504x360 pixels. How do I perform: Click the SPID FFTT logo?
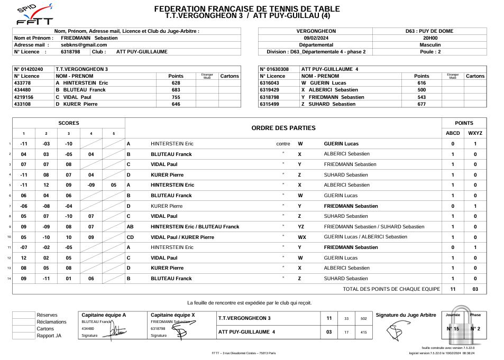click(35, 14)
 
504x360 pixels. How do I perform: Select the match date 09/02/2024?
click(316, 38)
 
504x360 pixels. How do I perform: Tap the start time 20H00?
click(430, 38)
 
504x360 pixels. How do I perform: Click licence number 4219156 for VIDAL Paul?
click(24, 97)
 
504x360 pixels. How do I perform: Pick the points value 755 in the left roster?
click(176, 97)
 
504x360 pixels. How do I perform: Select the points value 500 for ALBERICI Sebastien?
click(421, 90)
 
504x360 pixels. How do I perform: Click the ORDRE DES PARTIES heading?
click(283, 128)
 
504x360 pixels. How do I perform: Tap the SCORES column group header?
click(69, 123)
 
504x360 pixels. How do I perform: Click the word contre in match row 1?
click(283, 144)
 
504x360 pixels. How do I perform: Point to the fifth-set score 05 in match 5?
click(114, 185)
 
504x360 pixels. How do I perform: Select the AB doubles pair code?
click(130, 227)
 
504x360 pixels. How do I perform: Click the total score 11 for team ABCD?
click(453, 289)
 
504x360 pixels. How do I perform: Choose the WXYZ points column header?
click(475, 133)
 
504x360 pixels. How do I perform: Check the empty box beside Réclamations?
click(24, 322)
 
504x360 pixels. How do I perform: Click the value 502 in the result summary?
click(363, 319)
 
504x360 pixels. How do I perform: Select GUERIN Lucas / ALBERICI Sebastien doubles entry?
click(365, 237)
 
